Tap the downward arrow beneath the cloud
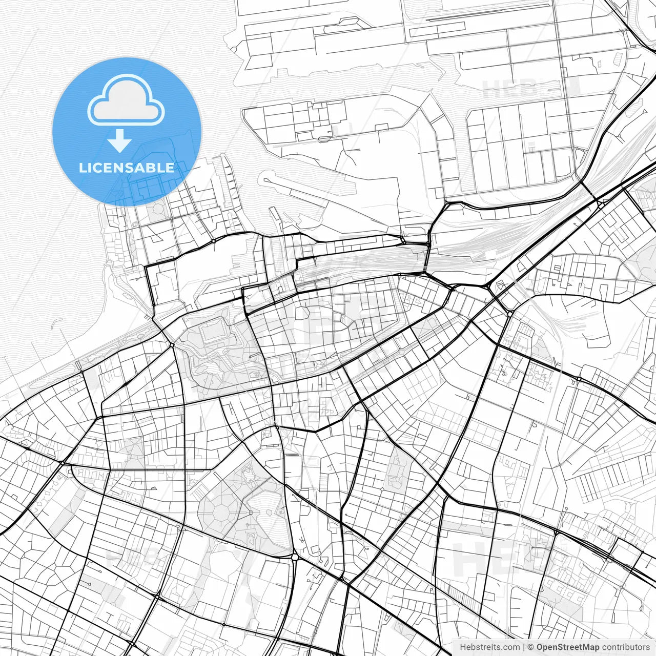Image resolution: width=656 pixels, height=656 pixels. point(119,140)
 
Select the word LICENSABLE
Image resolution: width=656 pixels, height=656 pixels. point(127,168)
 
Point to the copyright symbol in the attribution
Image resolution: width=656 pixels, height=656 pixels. point(531,647)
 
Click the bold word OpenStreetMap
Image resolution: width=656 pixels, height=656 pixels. point(568,647)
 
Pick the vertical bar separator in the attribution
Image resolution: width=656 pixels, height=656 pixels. point(524,647)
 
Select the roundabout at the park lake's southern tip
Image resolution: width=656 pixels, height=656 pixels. point(295,557)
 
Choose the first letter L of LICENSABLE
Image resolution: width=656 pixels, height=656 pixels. point(83,168)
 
